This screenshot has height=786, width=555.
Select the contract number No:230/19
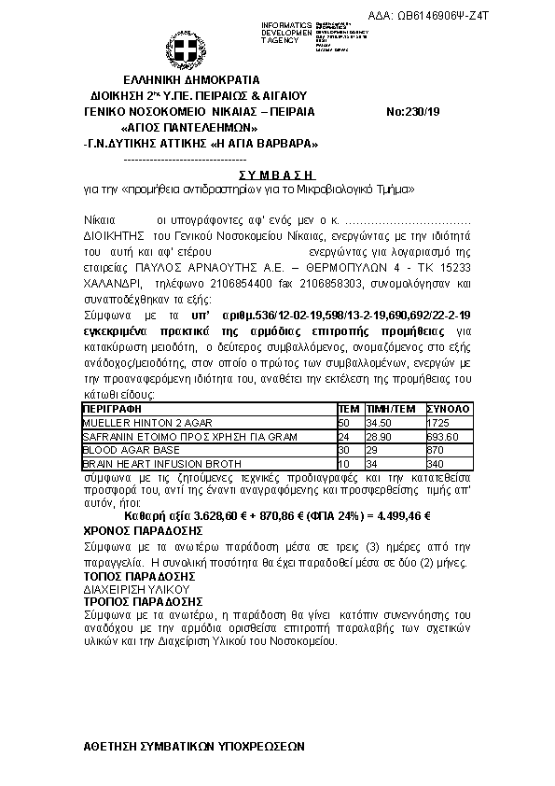tap(412, 112)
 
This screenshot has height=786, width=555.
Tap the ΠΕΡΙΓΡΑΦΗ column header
tap(111, 409)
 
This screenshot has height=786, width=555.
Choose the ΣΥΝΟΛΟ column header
tap(448, 409)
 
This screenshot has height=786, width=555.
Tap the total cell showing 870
tap(434, 449)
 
